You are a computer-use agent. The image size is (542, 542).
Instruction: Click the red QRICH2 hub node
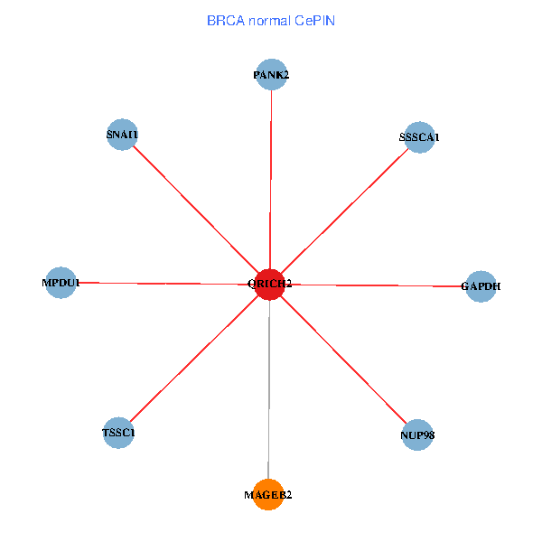[x=270, y=285]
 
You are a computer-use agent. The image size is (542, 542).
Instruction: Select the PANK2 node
[x=272, y=74]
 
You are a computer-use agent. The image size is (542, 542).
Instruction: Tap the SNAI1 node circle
[x=122, y=135]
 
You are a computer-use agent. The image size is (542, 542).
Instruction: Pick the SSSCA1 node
[x=420, y=137]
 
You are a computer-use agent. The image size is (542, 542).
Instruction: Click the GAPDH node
[x=481, y=286]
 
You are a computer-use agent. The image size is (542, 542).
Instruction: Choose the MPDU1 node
[x=61, y=283]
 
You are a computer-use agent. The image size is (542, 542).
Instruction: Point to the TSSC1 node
[x=118, y=433]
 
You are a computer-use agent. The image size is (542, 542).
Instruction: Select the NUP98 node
[x=417, y=435]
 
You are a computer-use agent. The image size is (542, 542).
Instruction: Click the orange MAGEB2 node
[x=268, y=495]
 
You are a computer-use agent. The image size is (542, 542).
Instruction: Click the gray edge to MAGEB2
[x=269, y=389]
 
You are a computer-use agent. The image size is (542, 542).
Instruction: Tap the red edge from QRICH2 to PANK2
[x=271, y=180]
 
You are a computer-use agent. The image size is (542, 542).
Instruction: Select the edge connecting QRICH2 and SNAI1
[x=196, y=210]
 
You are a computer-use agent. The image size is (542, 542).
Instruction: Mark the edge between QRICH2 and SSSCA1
[x=345, y=210]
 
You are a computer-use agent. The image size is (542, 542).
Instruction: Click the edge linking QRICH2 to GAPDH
[x=376, y=285]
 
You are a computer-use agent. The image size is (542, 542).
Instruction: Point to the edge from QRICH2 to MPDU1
[x=165, y=284]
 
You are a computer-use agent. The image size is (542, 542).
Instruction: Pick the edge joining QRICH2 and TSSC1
[x=194, y=359]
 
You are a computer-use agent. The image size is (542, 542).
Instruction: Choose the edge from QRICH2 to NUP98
[x=344, y=360]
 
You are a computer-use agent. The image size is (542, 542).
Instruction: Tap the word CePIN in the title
[x=315, y=21]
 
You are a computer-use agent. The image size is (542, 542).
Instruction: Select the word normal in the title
[x=270, y=21]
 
